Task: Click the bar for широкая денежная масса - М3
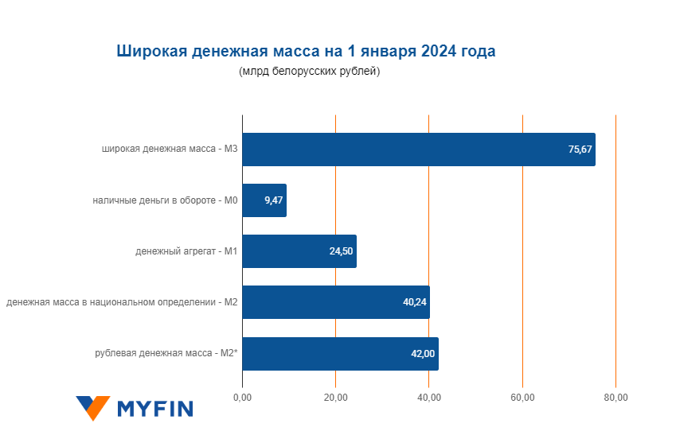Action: pyautogui.click(x=419, y=150)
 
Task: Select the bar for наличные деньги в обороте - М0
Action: pyautogui.click(x=264, y=200)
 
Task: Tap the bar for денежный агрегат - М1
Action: pyautogui.click(x=299, y=251)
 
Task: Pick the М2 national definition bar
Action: pyautogui.click(x=336, y=302)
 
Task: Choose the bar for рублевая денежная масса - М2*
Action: pyautogui.click(x=340, y=354)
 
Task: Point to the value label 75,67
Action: pyautogui.click(x=580, y=150)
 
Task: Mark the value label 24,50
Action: pyautogui.click(x=342, y=251)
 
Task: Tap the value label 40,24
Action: pyautogui.click(x=414, y=302)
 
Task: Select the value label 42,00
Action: pyautogui.click(x=423, y=354)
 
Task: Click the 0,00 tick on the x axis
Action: pyautogui.click(x=242, y=397)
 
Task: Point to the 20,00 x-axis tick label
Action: pyautogui.click(x=335, y=397)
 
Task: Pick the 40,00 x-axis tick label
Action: pyautogui.click(x=429, y=397)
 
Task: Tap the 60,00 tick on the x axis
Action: pyautogui.click(x=522, y=397)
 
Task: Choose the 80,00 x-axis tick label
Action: pyautogui.click(x=615, y=397)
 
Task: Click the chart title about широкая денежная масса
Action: pyautogui.click(x=307, y=52)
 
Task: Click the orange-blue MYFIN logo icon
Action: pyautogui.click(x=92, y=408)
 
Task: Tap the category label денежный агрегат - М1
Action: pyautogui.click(x=187, y=251)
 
